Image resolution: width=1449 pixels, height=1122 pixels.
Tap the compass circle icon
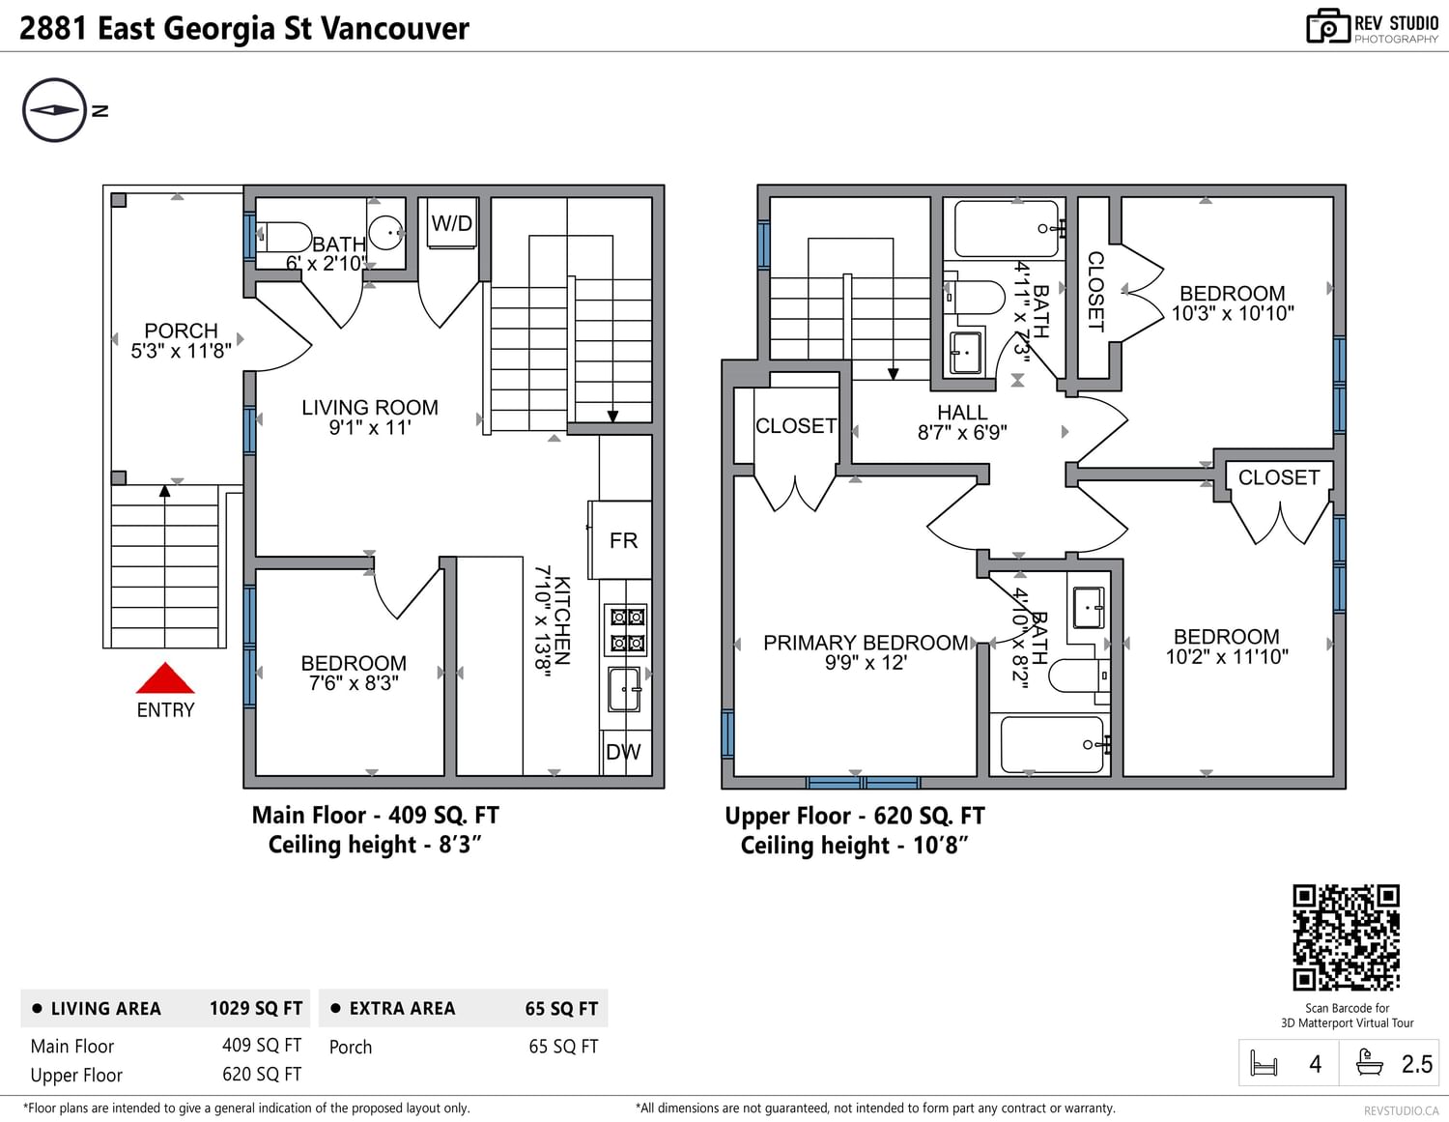tap(55, 110)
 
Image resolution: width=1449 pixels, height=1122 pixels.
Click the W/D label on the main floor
tap(451, 223)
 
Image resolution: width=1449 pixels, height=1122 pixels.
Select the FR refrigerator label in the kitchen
tap(623, 540)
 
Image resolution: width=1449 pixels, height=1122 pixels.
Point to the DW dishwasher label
tap(623, 752)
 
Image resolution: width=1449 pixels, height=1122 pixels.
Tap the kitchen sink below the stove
tap(625, 690)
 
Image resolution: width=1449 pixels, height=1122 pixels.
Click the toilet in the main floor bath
tap(284, 237)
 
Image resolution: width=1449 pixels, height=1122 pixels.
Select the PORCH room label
tap(182, 331)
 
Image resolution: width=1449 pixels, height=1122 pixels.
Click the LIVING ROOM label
tap(370, 408)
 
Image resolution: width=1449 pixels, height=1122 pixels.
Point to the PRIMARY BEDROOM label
tap(866, 643)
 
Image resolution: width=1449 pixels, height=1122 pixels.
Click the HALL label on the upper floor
tap(962, 413)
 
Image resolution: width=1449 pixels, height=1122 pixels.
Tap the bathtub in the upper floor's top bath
tap(1007, 229)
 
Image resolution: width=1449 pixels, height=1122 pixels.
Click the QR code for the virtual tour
tap(1347, 937)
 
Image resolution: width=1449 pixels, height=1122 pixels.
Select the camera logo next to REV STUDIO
tap(1328, 27)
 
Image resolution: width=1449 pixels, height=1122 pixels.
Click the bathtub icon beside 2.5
tap(1371, 1063)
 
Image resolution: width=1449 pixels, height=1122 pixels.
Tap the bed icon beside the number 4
tap(1264, 1063)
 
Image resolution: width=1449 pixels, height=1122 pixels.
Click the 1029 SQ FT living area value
tap(256, 1008)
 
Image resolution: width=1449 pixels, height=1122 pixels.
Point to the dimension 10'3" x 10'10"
tap(1233, 313)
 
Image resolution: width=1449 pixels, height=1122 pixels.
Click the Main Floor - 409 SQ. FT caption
tap(376, 815)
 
